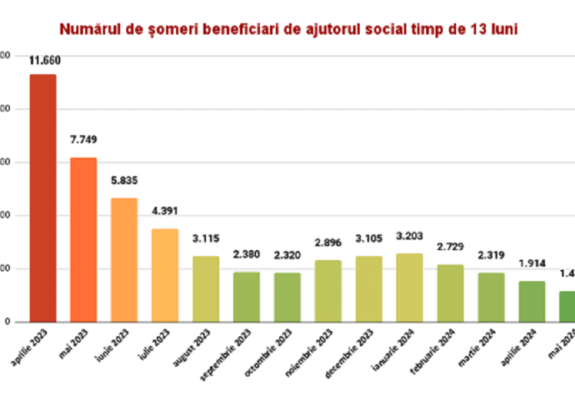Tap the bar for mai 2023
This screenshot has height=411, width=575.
point(84,239)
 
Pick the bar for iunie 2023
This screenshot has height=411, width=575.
point(124,260)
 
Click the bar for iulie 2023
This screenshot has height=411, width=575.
point(165,275)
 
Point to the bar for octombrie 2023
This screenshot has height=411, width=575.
point(287,298)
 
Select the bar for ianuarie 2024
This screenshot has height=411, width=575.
point(409,288)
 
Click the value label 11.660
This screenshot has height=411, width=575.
point(44,61)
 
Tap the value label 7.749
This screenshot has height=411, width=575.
point(84,140)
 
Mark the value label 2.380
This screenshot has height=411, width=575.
point(246,255)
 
